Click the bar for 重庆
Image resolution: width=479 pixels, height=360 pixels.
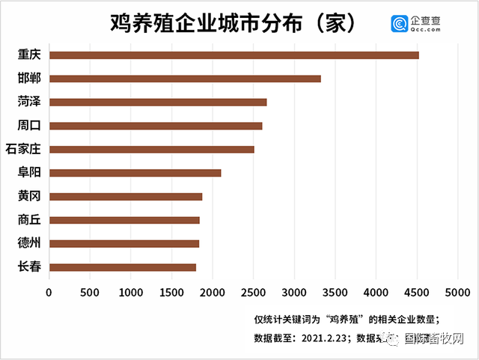click(234, 55)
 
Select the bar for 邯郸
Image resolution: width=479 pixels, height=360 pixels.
click(185, 79)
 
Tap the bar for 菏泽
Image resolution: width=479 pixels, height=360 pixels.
click(158, 102)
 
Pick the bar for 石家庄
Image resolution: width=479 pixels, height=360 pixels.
click(151, 149)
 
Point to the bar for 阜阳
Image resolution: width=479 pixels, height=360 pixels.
click(135, 173)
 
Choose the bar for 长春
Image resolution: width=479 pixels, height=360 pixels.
click(122, 267)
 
